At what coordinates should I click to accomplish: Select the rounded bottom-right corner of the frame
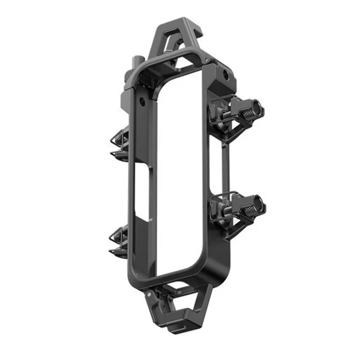(x=220, y=265)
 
